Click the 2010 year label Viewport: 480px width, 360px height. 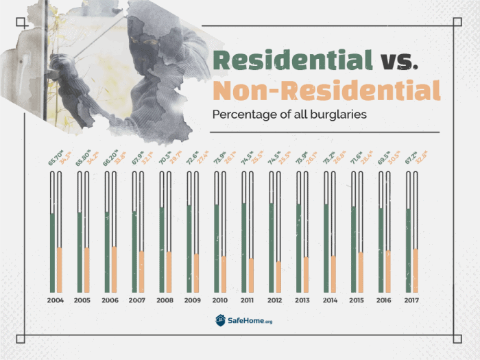220,300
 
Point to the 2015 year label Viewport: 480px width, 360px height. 357,300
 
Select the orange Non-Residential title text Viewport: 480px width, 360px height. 326,91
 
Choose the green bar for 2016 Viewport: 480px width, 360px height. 382,250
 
